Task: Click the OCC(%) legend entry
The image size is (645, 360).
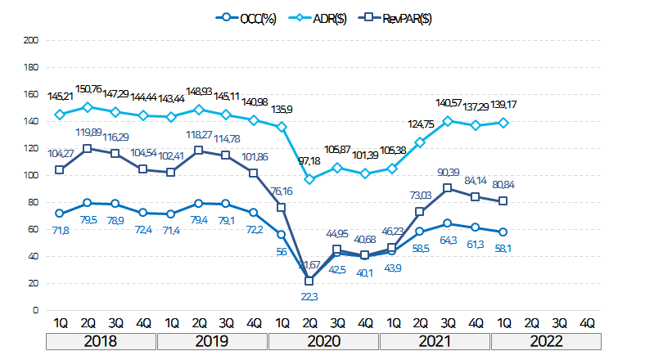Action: click(246, 18)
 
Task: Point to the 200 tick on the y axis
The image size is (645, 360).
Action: click(32, 39)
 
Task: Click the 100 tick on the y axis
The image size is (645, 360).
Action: click(32, 175)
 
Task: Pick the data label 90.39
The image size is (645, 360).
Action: click(449, 172)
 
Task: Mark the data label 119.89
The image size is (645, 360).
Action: click(88, 133)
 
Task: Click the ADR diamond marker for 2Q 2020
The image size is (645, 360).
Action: click(309, 179)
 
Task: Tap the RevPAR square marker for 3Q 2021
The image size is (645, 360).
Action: click(448, 188)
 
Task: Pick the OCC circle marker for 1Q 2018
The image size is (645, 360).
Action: click(59, 213)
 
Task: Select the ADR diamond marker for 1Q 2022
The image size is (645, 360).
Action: click(504, 123)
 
